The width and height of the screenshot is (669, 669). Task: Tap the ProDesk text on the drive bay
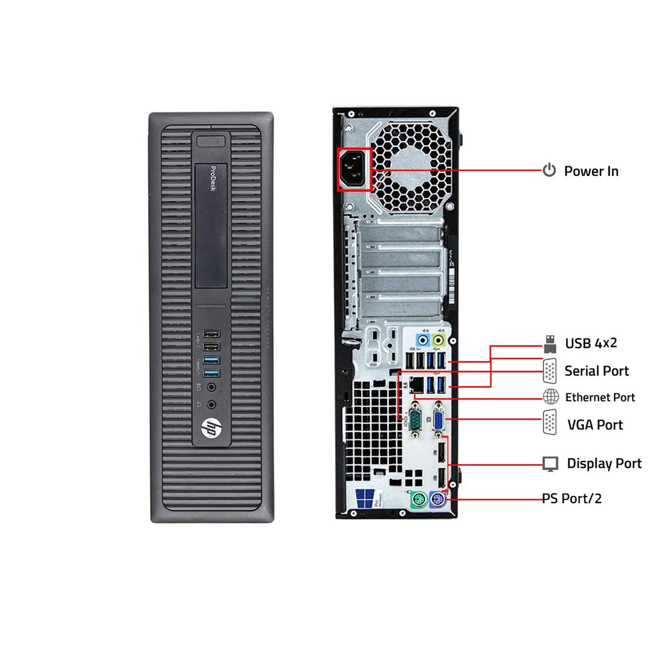(213, 178)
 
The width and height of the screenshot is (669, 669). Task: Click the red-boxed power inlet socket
(354, 169)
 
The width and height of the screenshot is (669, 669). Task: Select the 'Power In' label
(591, 171)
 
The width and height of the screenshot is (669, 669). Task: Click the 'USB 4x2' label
(591, 343)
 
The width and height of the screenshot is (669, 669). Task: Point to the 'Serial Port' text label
(596, 371)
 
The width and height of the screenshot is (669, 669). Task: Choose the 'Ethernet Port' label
(600, 397)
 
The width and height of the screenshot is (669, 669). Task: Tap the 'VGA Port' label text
(595, 425)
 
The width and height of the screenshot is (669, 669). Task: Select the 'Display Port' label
(604, 463)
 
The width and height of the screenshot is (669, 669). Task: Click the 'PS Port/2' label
(572, 498)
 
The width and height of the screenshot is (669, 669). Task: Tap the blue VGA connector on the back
(438, 420)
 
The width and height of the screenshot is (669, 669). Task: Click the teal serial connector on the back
(415, 420)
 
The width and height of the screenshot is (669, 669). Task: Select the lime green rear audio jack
(439, 341)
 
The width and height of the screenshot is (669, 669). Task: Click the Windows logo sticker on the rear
(365, 498)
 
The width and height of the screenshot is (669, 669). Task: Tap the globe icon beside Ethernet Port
(551, 396)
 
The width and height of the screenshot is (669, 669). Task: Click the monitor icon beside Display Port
(550, 464)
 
